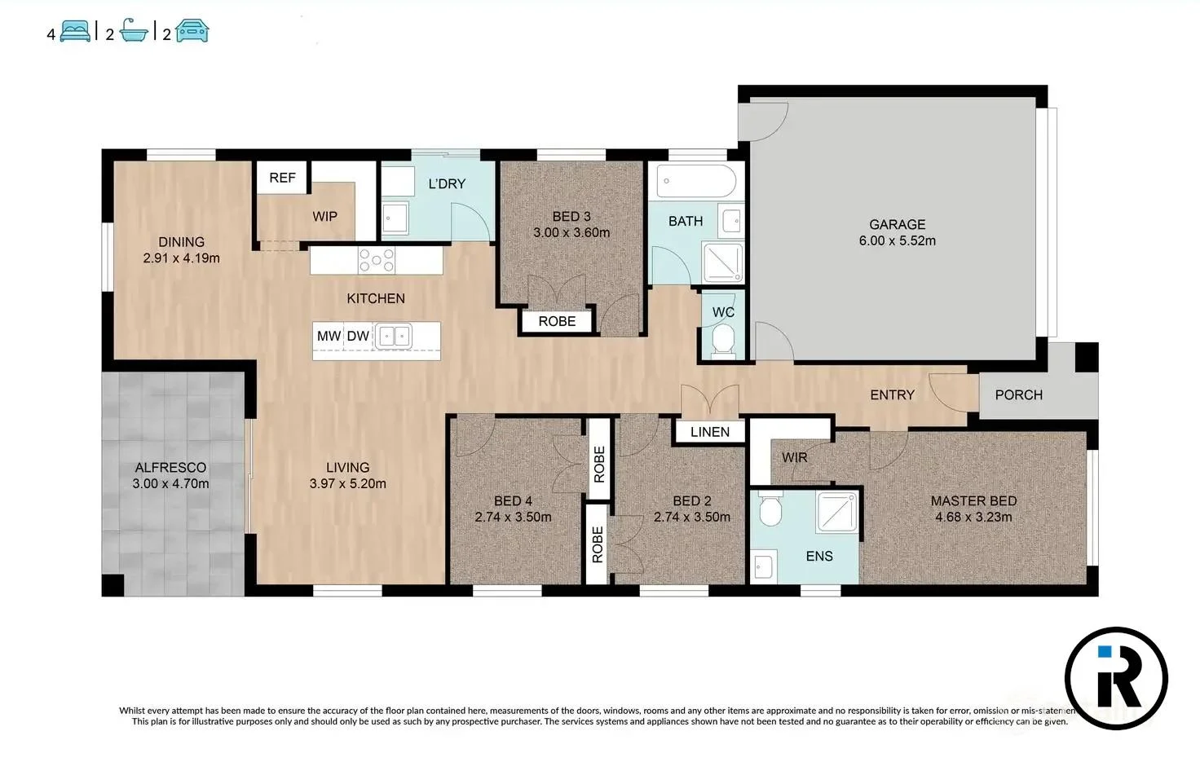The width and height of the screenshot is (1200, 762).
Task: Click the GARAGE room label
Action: click(x=897, y=224)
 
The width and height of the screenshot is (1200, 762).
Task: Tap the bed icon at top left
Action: click(x=75, y=31)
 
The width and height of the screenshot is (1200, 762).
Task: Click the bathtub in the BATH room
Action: click(x=696, y=181)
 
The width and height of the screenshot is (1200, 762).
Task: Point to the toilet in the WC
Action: click(x=723, y=341)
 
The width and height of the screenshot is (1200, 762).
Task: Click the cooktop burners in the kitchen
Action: click(x=377, y=261)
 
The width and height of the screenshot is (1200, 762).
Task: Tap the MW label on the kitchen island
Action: click(x=329, y=336)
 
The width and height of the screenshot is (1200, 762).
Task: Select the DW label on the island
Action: click(x=358, y=336)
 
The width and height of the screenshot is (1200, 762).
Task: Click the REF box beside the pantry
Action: click(x=282, y=177)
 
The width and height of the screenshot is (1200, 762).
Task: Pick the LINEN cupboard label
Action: click(x=710, y=432)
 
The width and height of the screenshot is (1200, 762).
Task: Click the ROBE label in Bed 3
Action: click(x=557, y=321)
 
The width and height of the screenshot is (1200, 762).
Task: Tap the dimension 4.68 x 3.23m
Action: click(x=973, y=517)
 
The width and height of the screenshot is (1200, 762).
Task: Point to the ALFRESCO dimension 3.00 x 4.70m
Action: click(x=170, y=483)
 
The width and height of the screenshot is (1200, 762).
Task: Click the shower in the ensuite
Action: click(x=836, y=511)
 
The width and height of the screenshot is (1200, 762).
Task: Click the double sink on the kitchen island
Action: click(x=394, y=337)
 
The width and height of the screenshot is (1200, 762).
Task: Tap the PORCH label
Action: click(x=1018, y=394)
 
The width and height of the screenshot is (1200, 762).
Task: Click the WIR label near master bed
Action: click(x=794, y=458)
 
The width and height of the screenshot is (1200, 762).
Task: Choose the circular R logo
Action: click(x=1116, y=678)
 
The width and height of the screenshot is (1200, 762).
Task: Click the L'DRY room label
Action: click(x=447, y=183)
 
